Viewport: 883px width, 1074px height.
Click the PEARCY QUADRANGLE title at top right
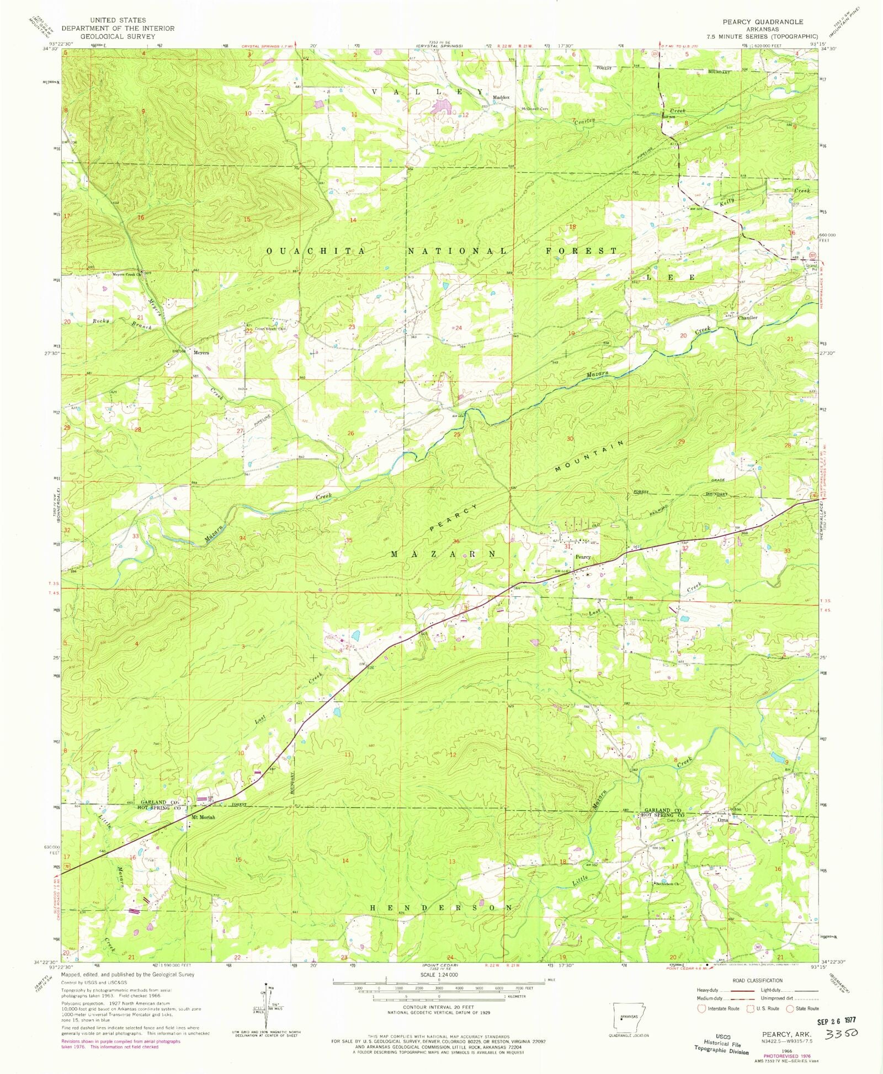pyautogui.click(x=763, y=22)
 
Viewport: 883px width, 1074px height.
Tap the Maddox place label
pyautogui.click(x=501, y=98)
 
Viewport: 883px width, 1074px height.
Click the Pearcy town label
pyautogui.click(x=583, y=557)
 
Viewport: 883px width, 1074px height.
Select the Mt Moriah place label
pyautogui.click(x=203, y=817)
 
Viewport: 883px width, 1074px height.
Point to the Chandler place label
pyautogui.click(x=747, y=318)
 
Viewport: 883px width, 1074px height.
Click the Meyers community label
pyautogui.click(x=201, y=352)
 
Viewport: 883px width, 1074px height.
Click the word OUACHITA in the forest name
pyautogui.click(x=315, y=251)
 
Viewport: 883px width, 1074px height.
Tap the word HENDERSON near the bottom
pyautogui.click(x=440, y=907)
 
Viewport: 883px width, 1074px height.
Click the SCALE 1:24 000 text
pyautogui.click(x=439, y=975)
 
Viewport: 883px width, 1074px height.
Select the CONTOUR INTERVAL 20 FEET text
pyautogui.click(x=439, y=1007)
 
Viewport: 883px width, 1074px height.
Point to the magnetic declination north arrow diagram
pyautogui.click(x=266, y=1004)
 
